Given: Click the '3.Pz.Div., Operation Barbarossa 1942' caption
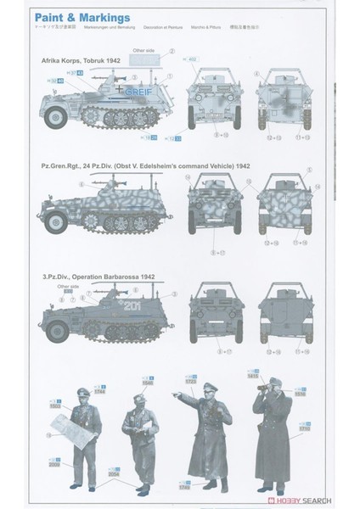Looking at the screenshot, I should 95,275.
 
